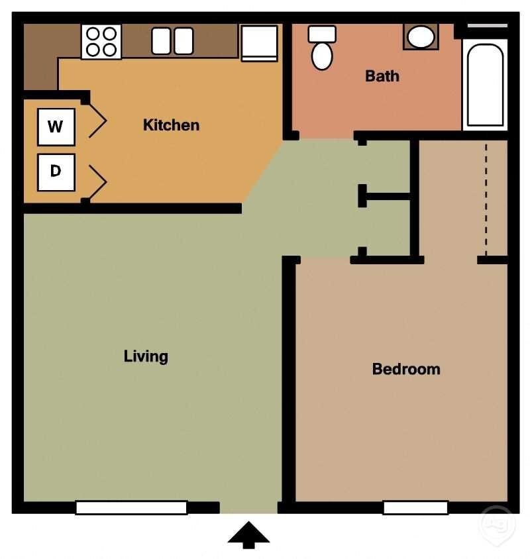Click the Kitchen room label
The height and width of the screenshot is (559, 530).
click(171, 125)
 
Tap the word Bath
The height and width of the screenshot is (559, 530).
click(382, 76)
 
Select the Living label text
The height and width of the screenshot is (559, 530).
click(146, 356)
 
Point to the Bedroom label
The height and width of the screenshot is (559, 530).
click(406, 369)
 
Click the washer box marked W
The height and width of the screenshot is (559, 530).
click(56, 127)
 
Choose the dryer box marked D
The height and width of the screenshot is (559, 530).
click(56, 172)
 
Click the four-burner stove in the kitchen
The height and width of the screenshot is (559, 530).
click(101, 41)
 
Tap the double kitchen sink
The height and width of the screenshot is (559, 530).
click(172, 40)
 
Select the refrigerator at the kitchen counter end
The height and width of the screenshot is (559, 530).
click(259, 42)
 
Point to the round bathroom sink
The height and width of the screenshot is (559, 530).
click(421, 37)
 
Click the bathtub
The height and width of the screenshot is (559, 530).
click(485, 85)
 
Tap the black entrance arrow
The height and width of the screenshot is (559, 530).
click(248, 534)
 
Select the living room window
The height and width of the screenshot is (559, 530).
click(131, 508)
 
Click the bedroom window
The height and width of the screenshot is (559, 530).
click(415, 508)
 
